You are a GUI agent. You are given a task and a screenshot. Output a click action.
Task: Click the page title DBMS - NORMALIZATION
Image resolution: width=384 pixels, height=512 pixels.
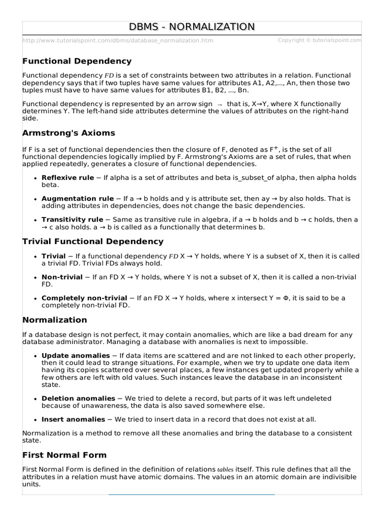pos(192,27)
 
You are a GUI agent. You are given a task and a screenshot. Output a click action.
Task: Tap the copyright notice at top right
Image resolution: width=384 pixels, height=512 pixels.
pos(319,40)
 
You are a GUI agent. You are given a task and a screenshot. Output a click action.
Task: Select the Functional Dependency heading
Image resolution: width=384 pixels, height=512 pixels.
pos(77,61)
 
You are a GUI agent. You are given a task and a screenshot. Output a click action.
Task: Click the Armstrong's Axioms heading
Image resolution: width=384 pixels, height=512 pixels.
pos(68,133)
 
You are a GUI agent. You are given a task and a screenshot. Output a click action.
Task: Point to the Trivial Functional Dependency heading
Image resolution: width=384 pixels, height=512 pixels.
pos(93,241)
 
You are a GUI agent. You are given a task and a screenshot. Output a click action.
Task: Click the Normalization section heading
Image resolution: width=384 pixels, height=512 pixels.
pos(54,319)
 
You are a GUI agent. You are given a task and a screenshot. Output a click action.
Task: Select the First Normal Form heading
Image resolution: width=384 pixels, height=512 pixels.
pos(64,455)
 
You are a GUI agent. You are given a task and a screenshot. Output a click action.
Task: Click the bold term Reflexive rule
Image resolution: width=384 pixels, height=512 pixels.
pos(67,177)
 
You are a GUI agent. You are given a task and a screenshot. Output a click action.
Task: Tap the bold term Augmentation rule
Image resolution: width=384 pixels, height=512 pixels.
pos(77,198)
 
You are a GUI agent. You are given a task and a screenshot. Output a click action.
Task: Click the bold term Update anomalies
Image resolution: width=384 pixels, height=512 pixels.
pos(75,355)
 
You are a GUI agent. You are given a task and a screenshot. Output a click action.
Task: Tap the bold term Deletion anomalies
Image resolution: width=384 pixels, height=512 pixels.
pos(78,398)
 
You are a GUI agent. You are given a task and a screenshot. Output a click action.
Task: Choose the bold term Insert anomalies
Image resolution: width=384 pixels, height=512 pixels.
pos(73,419)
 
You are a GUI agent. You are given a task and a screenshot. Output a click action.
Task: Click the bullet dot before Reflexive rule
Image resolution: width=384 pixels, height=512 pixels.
pos(34,177)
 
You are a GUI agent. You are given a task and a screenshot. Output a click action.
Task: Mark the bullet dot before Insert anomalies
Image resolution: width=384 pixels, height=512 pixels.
pos(34,420)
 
